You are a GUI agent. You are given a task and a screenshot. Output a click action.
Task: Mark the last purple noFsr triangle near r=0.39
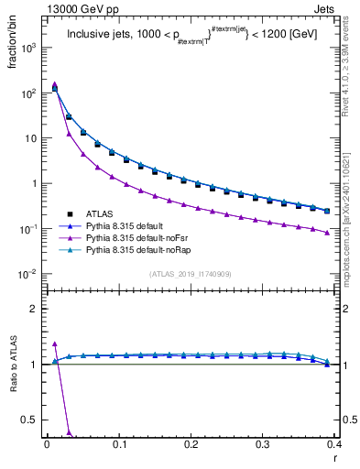pos(327,233)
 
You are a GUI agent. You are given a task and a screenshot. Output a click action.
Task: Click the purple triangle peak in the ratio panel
pos(54,344)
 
